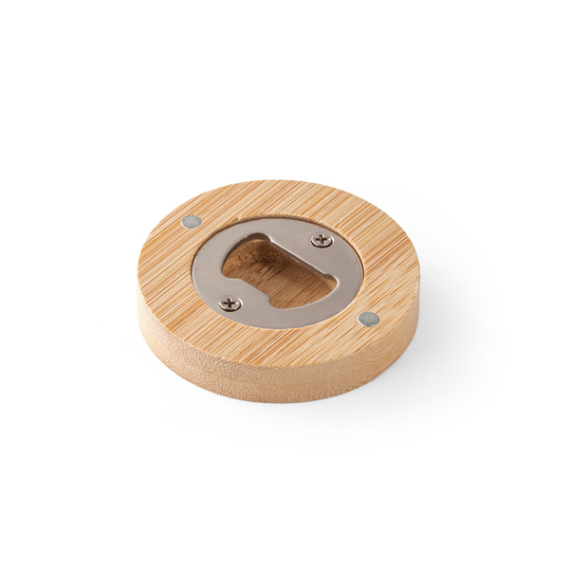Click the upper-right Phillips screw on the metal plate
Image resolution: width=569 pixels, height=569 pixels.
[321, 240]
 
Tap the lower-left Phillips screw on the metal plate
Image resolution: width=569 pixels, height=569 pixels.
[229, 303]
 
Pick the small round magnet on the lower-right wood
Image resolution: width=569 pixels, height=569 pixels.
[372, 320]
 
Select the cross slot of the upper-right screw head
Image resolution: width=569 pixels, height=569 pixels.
[321, 240]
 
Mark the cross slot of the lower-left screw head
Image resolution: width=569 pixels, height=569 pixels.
[229, 303]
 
